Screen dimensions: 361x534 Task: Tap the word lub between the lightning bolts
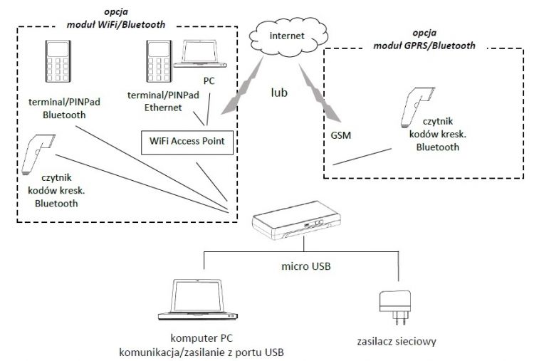[279, 92]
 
